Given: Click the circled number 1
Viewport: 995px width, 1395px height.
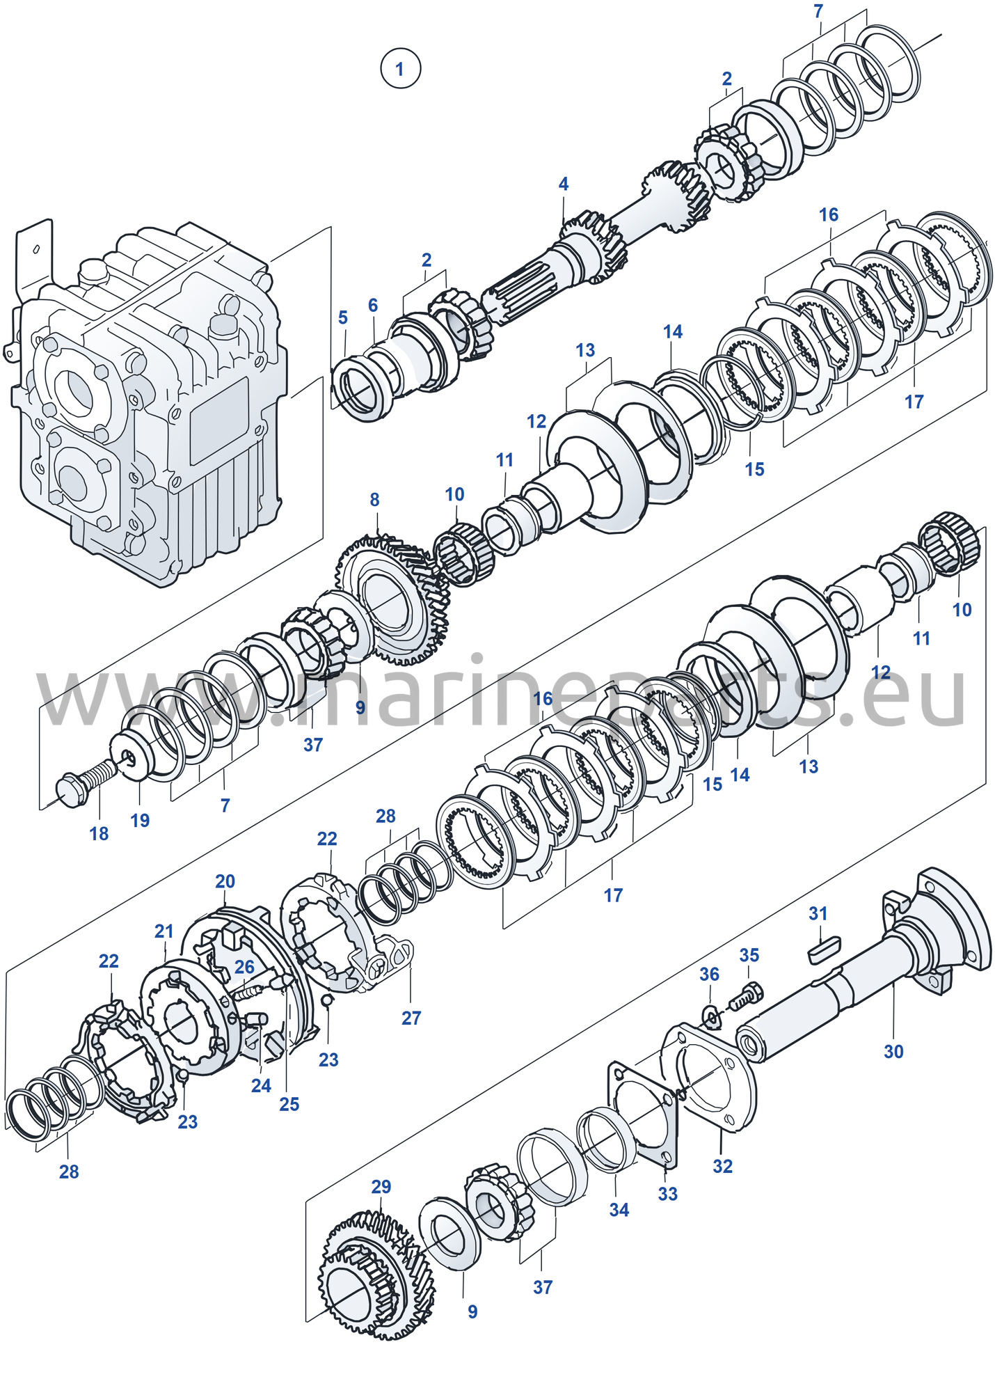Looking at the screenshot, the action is [x=400, y=68].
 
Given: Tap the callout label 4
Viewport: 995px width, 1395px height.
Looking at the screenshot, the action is [x=563, y=184].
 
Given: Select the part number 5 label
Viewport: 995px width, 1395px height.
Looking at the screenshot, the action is [x=342, y=317].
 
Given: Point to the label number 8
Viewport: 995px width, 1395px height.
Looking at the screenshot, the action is [x=374, y=499].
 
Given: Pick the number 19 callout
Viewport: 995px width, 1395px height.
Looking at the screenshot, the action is [x=140, y=820].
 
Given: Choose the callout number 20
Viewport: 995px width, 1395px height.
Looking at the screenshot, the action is [x=225, y=881].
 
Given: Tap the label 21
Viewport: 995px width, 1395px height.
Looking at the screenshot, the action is [x=164, y=931].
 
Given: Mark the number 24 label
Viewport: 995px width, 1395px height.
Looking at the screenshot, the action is [x=261, y=1085].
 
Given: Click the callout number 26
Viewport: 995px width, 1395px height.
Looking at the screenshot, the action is [x=244, y=967].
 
